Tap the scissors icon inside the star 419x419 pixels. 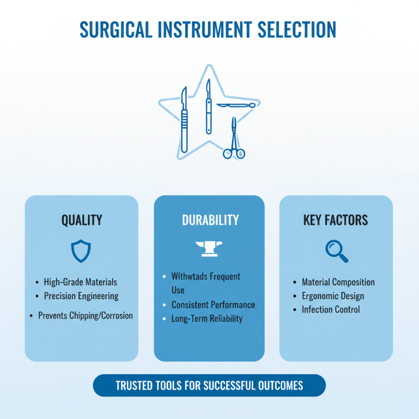[234, 140]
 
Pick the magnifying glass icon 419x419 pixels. [336, 251]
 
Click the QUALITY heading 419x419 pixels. [82, 220]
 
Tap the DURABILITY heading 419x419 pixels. [210, 220]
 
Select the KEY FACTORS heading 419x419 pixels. [336, 220]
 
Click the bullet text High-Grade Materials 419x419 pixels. [80, 282]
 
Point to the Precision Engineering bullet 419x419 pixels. [81, 296]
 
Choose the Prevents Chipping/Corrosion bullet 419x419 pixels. [85, 316]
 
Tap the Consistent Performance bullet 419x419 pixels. [213, 305]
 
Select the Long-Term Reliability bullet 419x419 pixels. [207, 318]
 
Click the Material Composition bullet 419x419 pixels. [338, 282]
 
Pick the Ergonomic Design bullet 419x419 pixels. [333, 296]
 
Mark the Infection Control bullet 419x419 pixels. [330, 310]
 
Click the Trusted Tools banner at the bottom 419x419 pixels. [209, 386]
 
